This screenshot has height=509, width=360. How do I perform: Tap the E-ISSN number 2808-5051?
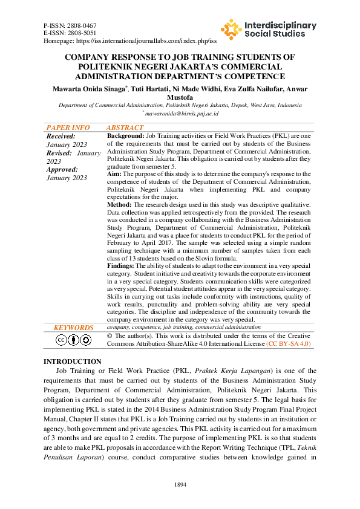pyautogui.click(x=84, y=33)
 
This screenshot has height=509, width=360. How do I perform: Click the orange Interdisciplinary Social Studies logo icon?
pyautogui.click(x=231, y=29)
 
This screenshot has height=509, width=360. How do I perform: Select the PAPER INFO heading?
pyautogui.click(x=68, y=128)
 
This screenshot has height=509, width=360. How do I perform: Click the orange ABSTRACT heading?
pyautogui.click(x=125, y=128)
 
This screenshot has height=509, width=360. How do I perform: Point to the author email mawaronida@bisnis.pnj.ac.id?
pyautogui.click(x=181, y=113)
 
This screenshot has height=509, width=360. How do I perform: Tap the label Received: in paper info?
pyautogui.click(x=61, y=137)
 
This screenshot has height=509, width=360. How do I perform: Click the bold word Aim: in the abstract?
pyautogui.click(x=114, y=174)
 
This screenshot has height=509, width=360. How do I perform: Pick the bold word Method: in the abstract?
pyautogui.click(x=119, y=204)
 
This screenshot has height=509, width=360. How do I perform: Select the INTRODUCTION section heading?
pyautogui.click(x=73, y=361)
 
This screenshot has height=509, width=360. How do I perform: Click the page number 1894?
pyautogui.click(x=180, y=485)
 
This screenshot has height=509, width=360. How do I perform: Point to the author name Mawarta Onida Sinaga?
pyautogui.click(x=90, y=89)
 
